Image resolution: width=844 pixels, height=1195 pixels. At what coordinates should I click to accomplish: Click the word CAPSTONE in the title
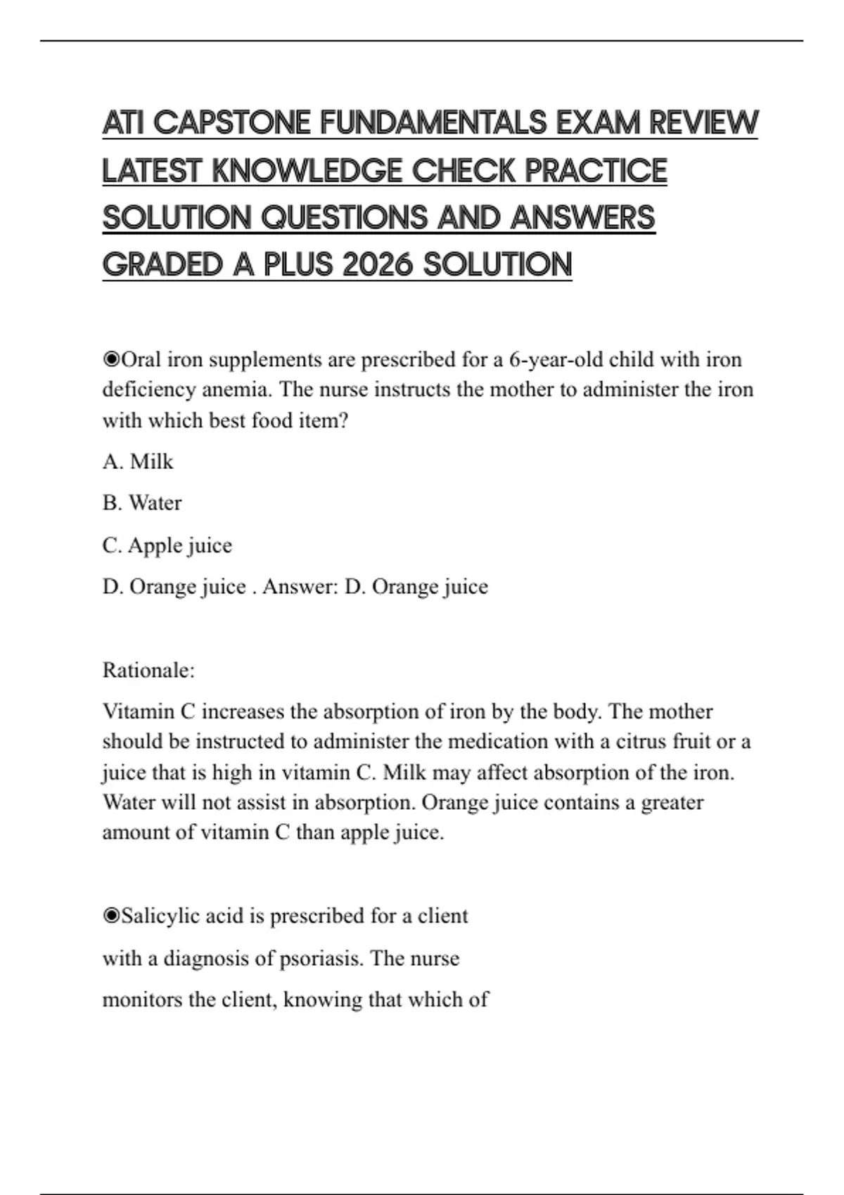[231, 123]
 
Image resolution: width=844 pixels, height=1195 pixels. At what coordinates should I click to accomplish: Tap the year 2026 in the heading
[378, 265]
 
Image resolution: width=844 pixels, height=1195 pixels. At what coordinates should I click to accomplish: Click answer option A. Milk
[138, 462]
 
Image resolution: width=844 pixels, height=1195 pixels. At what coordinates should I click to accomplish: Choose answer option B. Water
[142, 503]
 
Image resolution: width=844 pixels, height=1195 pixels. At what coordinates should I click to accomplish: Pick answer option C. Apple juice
[167, 545]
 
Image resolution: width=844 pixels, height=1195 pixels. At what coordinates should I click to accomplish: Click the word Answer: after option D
[300, 587]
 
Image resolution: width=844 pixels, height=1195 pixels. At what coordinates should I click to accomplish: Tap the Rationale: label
[148, 671]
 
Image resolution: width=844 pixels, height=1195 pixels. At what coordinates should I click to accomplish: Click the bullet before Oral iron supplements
[111, 360]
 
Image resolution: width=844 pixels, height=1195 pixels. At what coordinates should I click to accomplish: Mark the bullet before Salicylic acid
[111, 917]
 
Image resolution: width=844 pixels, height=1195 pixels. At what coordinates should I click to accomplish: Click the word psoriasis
[321, 959]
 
